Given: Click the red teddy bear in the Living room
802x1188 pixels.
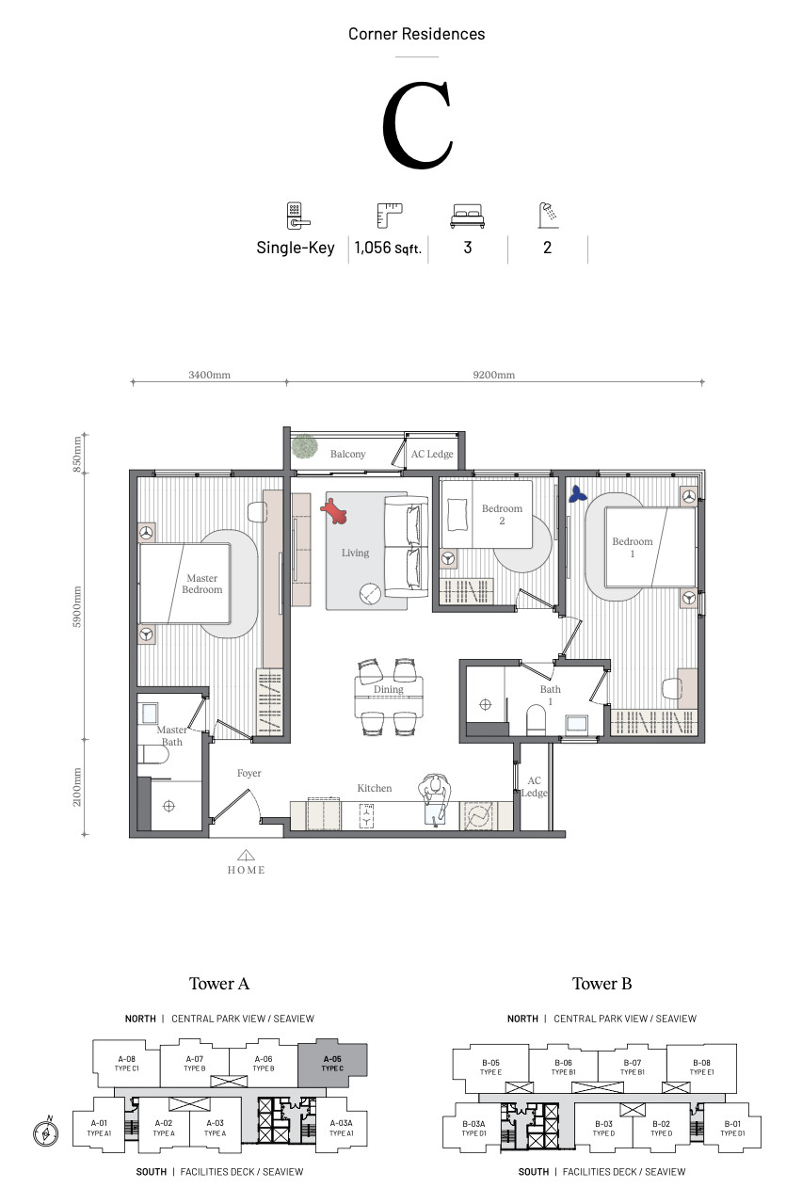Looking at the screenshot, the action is tap(333, 511).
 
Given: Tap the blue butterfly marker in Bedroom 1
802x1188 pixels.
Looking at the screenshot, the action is tap(577, 494).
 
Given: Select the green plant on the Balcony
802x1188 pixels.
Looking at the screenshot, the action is tap(304, 446).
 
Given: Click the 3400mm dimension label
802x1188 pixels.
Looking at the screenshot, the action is tap(210, 375).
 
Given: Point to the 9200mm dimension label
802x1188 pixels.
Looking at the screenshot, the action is tap(494, 375).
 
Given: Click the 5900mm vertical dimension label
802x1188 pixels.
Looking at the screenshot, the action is tap(77, 607).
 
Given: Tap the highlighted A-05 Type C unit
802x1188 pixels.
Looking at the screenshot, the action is tap(332, 1064).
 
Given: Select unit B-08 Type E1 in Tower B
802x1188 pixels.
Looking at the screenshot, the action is tap(701, 1068).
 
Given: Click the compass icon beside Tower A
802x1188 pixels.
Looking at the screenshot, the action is tap(45, 1134).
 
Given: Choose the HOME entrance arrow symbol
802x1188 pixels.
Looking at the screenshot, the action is tap(246, 855).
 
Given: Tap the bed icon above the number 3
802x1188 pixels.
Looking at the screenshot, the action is tap(467, 216).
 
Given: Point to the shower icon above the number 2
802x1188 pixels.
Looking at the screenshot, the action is tap(549, 215).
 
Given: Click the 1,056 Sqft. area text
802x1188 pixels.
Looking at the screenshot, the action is tap(388, 248).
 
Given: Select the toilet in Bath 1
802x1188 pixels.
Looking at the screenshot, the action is tap(536, 720).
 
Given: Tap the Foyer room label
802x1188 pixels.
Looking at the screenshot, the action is tap(249, 773).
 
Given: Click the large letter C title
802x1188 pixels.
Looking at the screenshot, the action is tap(418, 125).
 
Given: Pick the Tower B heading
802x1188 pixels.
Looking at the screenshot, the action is tap(601, 984).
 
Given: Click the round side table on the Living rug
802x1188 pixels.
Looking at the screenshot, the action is tap(370, 594).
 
